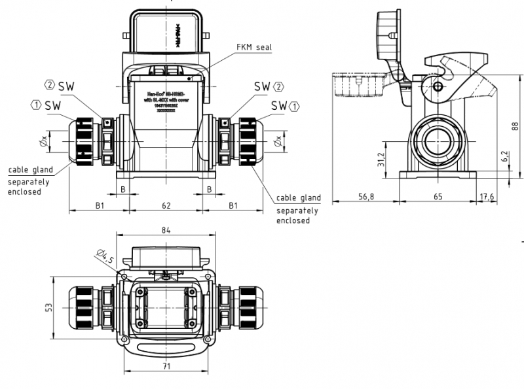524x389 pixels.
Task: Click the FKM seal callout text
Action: pos(253,47)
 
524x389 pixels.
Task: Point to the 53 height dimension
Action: pos(49,307)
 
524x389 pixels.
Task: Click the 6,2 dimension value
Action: pos(504,156)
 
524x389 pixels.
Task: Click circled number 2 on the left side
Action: pos(49,85)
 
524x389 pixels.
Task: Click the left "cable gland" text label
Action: pos(31,170)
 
